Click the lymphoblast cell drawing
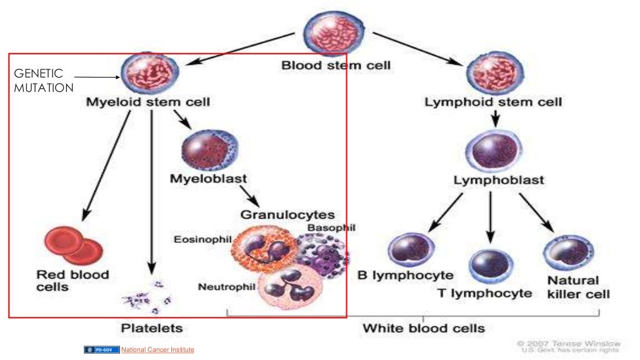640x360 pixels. (492, 151)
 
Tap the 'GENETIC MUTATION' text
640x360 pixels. (42, 81)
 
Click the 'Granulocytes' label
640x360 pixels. (287, 215)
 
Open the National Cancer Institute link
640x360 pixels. (157, 350)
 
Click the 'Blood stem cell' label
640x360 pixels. (336, 65)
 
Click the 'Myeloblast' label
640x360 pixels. (208, 179)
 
